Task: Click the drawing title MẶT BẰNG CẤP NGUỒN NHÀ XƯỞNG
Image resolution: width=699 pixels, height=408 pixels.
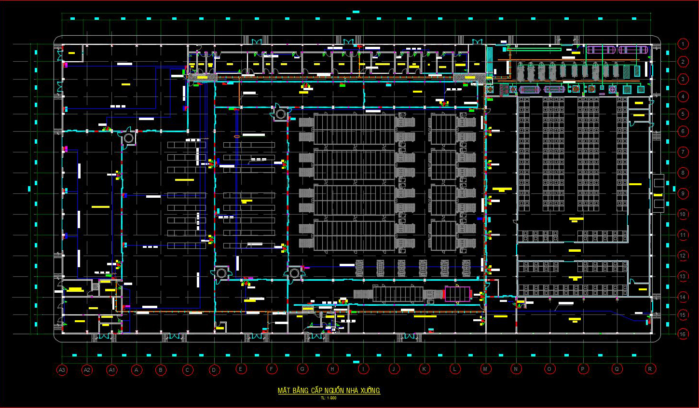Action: tap(329, 391)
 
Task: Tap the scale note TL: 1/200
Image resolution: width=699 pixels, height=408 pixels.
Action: tap(329, 398)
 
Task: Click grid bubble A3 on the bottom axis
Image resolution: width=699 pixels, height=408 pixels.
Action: tap(62, 370)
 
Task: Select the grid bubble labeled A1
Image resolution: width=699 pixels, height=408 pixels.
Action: tap(112, 370)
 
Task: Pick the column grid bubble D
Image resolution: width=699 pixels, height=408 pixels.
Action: tap(214, 370)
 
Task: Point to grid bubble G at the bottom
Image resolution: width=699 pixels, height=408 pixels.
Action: tap(302, 369)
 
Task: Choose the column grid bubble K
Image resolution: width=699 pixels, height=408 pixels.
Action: tap(424, 369)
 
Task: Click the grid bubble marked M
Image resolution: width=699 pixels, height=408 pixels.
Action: tap(485, 369)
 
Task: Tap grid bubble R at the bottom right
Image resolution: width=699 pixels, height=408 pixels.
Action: tap(650, 369)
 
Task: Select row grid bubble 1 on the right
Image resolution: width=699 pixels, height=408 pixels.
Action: tap(683, 44)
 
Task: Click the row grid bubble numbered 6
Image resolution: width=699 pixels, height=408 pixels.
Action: tap(683, 131)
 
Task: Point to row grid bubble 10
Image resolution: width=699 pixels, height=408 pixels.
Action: tap(683, 214)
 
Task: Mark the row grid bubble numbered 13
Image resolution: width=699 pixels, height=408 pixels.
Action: tap(683, 276)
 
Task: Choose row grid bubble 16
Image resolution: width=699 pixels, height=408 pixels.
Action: tap(683, 334)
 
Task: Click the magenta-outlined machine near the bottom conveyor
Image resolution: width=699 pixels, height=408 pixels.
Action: tap(457, 294)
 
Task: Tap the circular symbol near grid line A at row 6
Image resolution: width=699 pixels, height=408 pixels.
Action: tap(128, 138)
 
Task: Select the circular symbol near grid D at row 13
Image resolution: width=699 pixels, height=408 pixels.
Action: tap(221, 273)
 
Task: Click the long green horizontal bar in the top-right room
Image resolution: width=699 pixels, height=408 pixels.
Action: tap(534, 49)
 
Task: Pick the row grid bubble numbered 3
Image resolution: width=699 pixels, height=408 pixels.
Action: tap(683, 79)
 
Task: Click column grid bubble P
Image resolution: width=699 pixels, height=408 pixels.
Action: tap(583, 369)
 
